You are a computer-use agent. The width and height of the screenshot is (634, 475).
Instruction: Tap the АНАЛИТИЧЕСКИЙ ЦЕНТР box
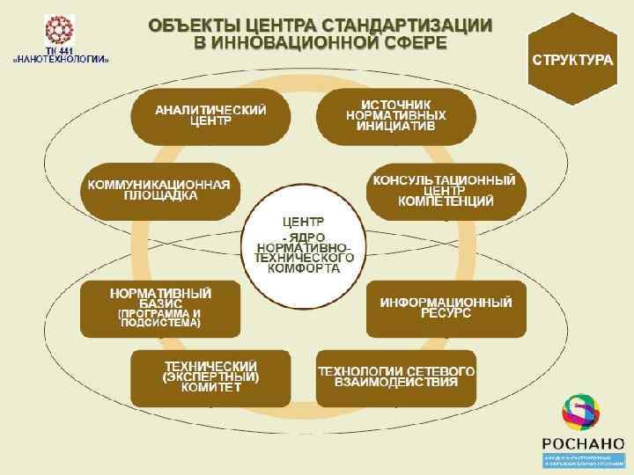pos(210,116)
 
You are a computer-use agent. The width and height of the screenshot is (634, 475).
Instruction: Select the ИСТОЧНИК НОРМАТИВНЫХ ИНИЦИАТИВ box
pos(396,116)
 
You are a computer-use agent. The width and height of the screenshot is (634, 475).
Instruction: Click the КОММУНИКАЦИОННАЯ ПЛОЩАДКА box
pos(158,190)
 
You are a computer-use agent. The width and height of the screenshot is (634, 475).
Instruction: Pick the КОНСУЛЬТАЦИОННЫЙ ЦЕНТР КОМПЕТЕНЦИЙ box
pos(445,191)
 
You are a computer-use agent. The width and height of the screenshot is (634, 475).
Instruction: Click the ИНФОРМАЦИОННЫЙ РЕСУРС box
pos(446,308)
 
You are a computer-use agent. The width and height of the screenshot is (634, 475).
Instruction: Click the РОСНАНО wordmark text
pos(579,442)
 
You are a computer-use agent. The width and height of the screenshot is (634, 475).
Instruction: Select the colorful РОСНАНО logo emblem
pos(579,412)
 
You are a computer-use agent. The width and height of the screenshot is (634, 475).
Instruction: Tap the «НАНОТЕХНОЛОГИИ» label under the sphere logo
pos(61,60)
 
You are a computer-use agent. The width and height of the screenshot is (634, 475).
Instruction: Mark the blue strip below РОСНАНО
pos(579,460)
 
